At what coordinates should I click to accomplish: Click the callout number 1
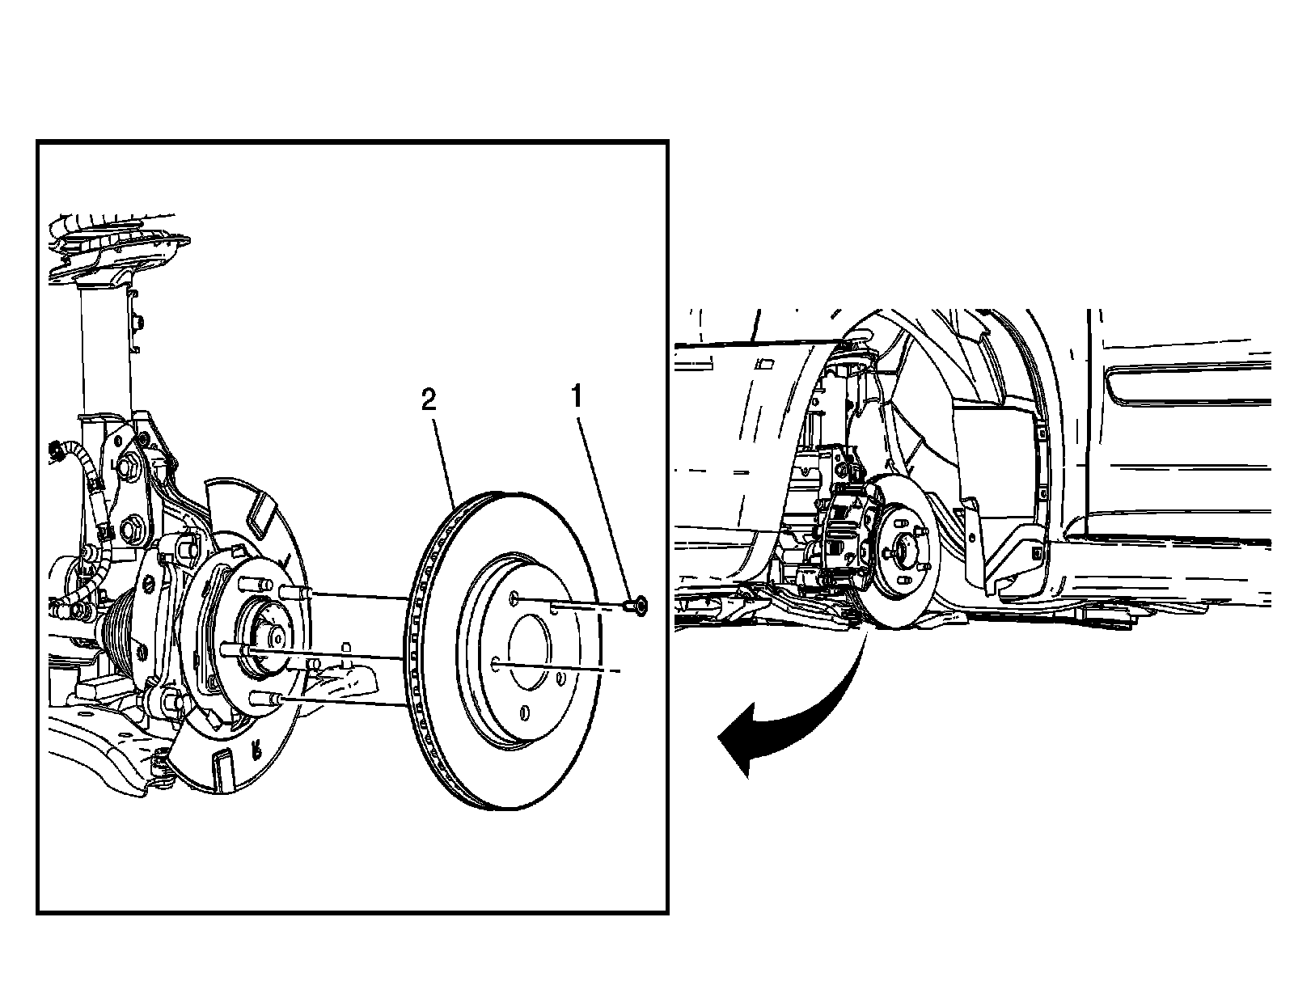tap(576, 398)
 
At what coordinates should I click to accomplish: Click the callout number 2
tap(429, 399)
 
